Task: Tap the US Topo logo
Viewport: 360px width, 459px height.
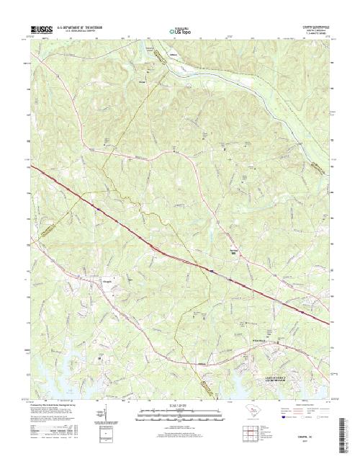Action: [179, 31]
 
